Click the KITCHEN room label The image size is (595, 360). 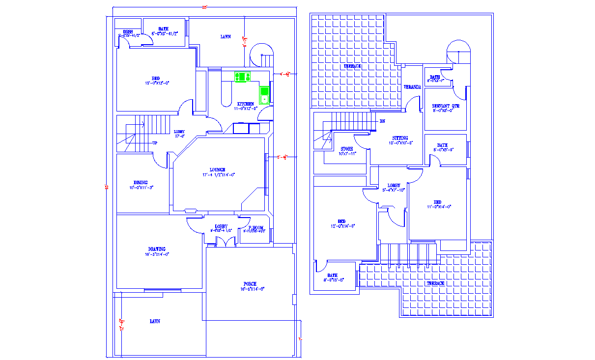coord(246,104)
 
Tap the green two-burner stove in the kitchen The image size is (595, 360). coord(242,77)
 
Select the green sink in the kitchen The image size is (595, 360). coord(264,94)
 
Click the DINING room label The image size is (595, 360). coord(141,183)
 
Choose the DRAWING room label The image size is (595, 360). coord(157,249)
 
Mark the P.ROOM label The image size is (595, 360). coord(255,228)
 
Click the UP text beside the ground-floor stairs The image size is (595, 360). coord(155,143)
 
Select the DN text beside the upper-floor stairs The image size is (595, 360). coord(382,121)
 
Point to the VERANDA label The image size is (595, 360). coord(412,87)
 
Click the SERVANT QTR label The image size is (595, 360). coord(446,106)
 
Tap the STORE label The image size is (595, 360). coord(347,149)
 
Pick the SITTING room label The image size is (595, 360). coord(400,138)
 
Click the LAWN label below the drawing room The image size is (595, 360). coord(155,321)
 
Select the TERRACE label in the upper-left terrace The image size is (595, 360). coord(352,66)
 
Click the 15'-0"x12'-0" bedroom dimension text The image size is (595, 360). coord(157,83)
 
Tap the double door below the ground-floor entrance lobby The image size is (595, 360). coord(222,242)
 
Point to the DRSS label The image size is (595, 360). coord(128,31)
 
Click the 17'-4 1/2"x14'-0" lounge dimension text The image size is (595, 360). coord(219,175)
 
